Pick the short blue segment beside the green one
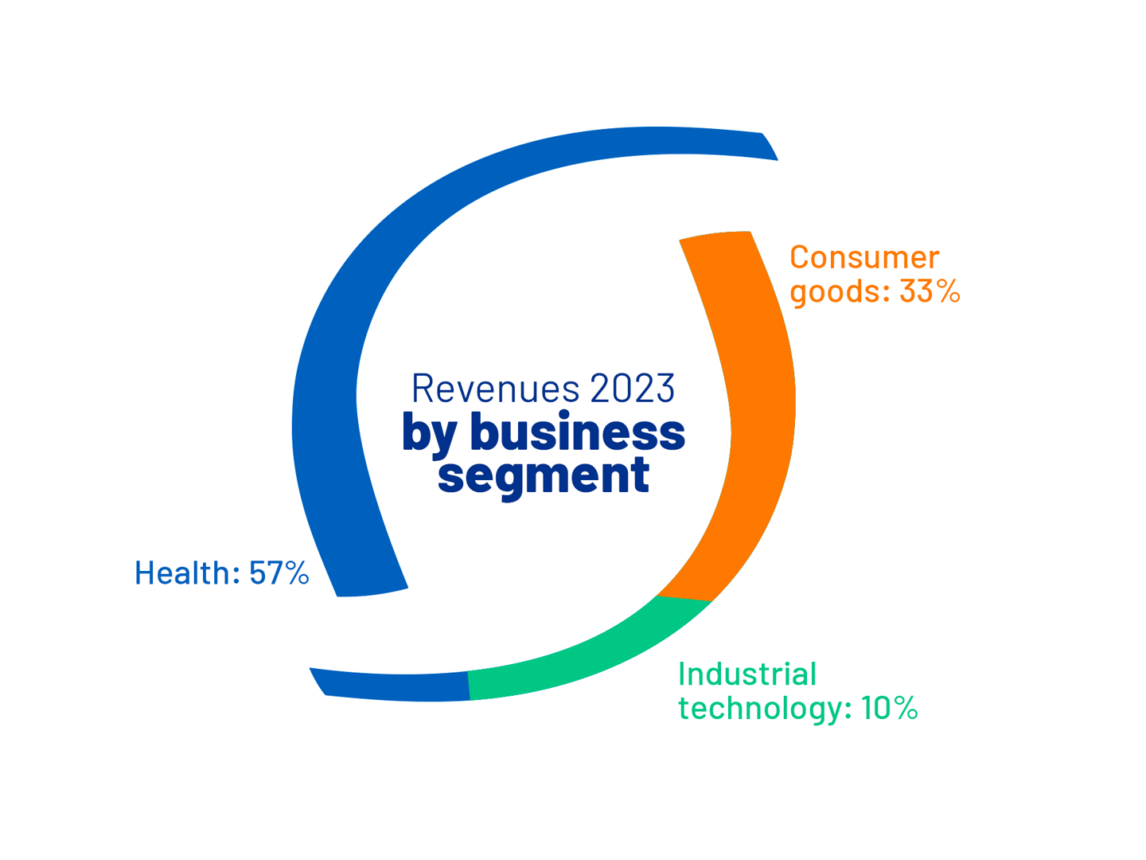pos(394,686)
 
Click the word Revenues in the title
pos(494,389)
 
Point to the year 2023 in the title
pos(632,389)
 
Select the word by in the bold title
pos(429,433)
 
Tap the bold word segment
pos(544,475)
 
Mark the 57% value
pos(279,573)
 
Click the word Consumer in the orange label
pos(864,258)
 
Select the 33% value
pos(930,292)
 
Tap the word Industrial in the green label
pos(747,674)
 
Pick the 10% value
pos(889,709)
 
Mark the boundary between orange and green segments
pos(684,598)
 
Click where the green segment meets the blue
pos(469,686)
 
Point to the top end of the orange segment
pos(715,235)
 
